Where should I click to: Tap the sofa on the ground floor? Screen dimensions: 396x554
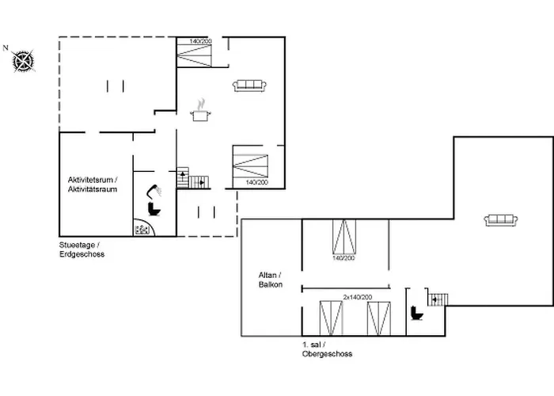click(x=249, y=84)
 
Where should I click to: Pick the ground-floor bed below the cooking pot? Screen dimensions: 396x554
click(x=251, y=165)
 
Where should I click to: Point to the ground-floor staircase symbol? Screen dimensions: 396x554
click(x=193, y=181)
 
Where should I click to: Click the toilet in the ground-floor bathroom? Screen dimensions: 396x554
click(x=153, y=208)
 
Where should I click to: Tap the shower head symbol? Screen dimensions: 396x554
click(x=158, y=190)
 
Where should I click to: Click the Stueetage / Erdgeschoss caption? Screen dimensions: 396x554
click(x=82, y=249)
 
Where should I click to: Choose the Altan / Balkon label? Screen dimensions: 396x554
click(x=270, y=279)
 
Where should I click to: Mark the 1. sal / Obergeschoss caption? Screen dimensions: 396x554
click(x=327, y=349)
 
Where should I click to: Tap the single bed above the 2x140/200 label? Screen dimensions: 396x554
click(x=345, y=237)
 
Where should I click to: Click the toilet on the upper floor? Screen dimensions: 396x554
click(x=417, y=314)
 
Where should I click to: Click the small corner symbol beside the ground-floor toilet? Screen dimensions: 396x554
click(x=142, y=230)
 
